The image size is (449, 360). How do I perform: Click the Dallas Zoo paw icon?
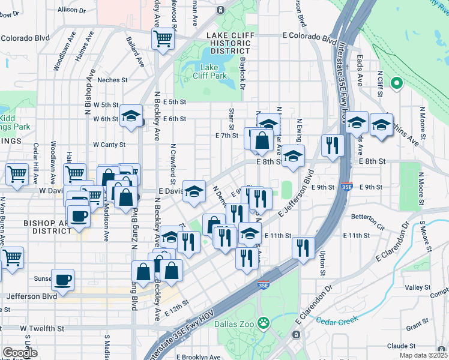click(263, 323)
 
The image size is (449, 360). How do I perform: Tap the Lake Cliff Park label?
click(209, 71)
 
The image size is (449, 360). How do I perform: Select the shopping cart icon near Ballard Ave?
click(163, 40)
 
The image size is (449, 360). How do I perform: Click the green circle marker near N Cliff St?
click(396, 83)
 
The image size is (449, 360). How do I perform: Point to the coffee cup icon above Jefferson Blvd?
click(62, 279)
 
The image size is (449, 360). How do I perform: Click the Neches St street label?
click(112, 79)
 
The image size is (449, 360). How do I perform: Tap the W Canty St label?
click(109, 145)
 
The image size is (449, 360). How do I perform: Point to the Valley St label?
click(414, 288)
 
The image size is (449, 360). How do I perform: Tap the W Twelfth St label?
click(41, 328)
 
